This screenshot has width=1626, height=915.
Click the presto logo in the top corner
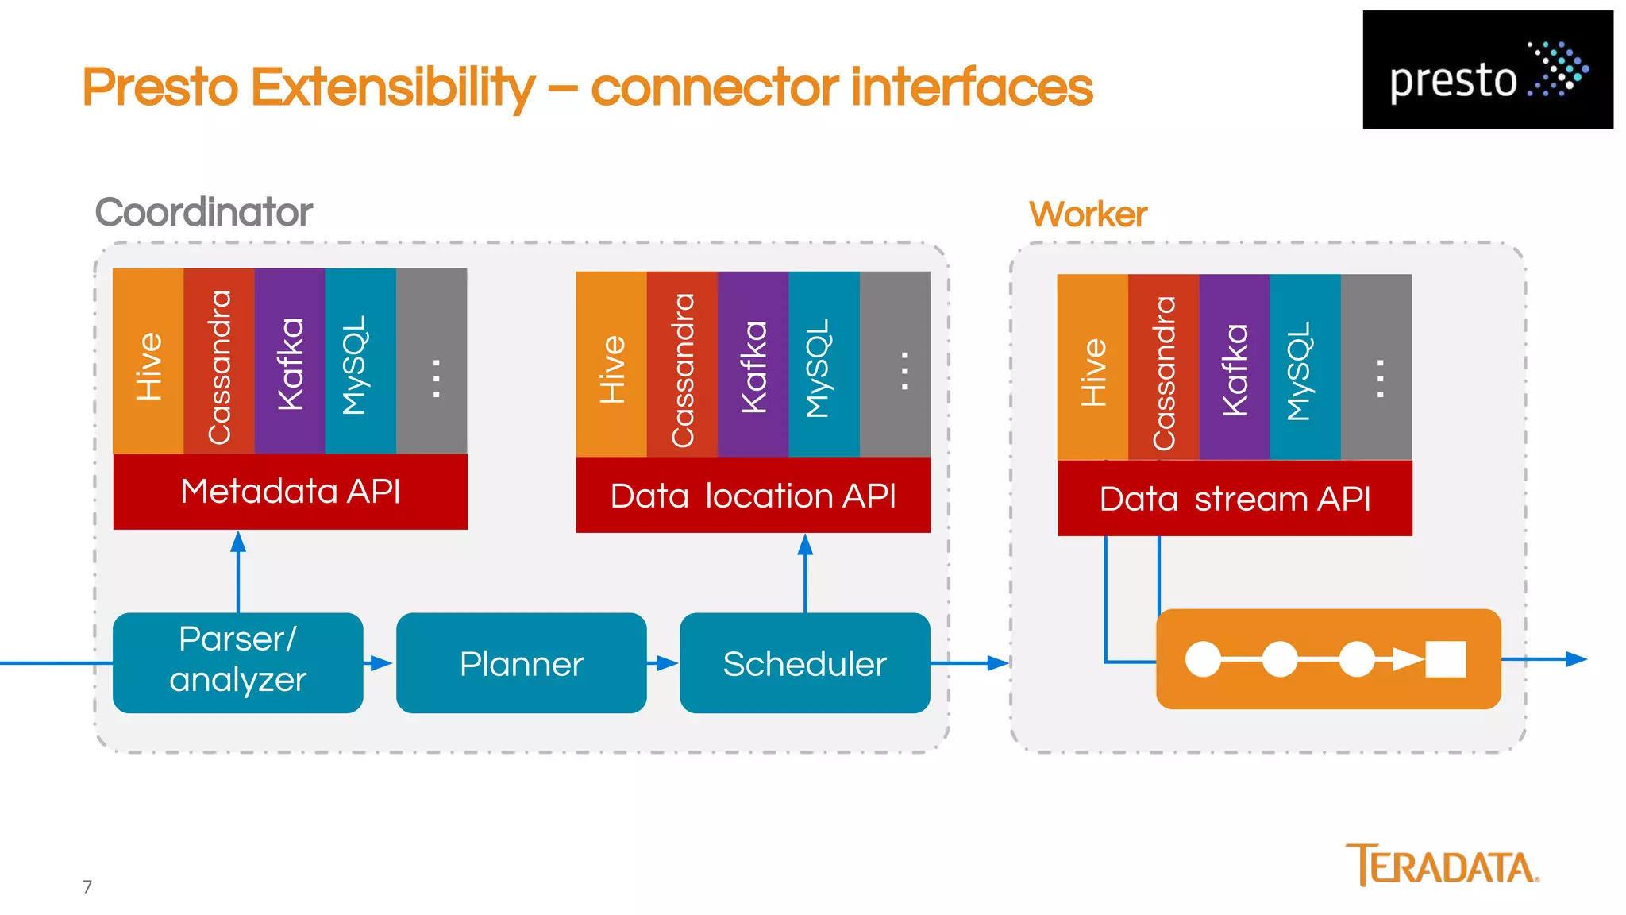(x=1487, y=70)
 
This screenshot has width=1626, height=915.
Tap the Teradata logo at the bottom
(x=1442, y=865)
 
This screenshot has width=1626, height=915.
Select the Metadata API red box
(x=291, y=492)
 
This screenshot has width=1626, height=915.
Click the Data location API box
(x=753, y=496)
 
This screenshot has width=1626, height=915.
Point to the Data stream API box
(x=1235, y=499)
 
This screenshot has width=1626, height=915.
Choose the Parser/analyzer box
(x=237, y=662)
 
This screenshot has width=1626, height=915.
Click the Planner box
(x=521, y=663)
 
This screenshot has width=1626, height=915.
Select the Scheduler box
(x=804, y=663)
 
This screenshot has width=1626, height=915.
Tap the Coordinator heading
(x=203, y=212)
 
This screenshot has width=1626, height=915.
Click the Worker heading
(x=1088, y=214)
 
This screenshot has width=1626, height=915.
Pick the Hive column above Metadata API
(x=148, y=361)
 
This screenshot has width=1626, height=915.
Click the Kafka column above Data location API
(x=753, y=365)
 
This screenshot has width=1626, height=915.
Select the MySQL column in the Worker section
(x=1304, y=367)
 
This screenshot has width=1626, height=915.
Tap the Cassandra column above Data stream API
(x=1163, y=367)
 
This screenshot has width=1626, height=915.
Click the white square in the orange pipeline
(x=1445, y=659)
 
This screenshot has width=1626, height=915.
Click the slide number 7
(x=87, y=886)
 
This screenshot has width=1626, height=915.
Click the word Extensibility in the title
(x=393, y=87)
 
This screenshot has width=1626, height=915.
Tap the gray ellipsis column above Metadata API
(x=432, y=361)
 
